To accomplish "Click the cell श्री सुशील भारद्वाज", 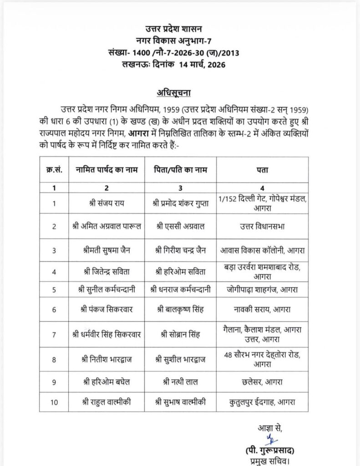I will tap(181, 358).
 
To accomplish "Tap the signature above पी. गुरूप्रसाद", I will tap(273, 438).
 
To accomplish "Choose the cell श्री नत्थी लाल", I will tap(181, 381).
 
